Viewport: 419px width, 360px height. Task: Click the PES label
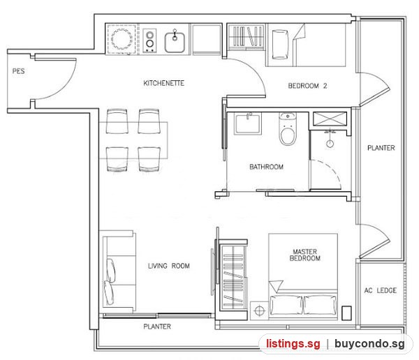[18, 71]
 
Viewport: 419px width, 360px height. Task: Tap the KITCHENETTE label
[164, 83]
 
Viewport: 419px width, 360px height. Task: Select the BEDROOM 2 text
[307, 86]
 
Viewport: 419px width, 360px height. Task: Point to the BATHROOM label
[266, 167]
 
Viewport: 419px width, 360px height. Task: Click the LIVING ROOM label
[169, 266]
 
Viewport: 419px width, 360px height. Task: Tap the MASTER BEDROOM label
[305, 255]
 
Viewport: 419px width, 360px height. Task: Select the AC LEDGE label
[381, 290]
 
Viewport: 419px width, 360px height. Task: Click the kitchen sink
[175, 42]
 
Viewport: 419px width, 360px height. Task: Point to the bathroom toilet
[288, 129]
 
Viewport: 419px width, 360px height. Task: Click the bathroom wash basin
[247, 123]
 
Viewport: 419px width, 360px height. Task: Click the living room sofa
[118, 271]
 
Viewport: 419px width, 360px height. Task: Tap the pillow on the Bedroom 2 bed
[280, 45]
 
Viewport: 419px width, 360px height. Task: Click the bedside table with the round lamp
[259, 310]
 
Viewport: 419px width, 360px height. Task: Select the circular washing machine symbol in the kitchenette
[122, 39]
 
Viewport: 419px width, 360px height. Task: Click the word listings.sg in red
[293, 343]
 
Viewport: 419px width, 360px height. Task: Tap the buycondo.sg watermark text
[369, 344]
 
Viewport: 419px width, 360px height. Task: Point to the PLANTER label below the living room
[157, 327]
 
